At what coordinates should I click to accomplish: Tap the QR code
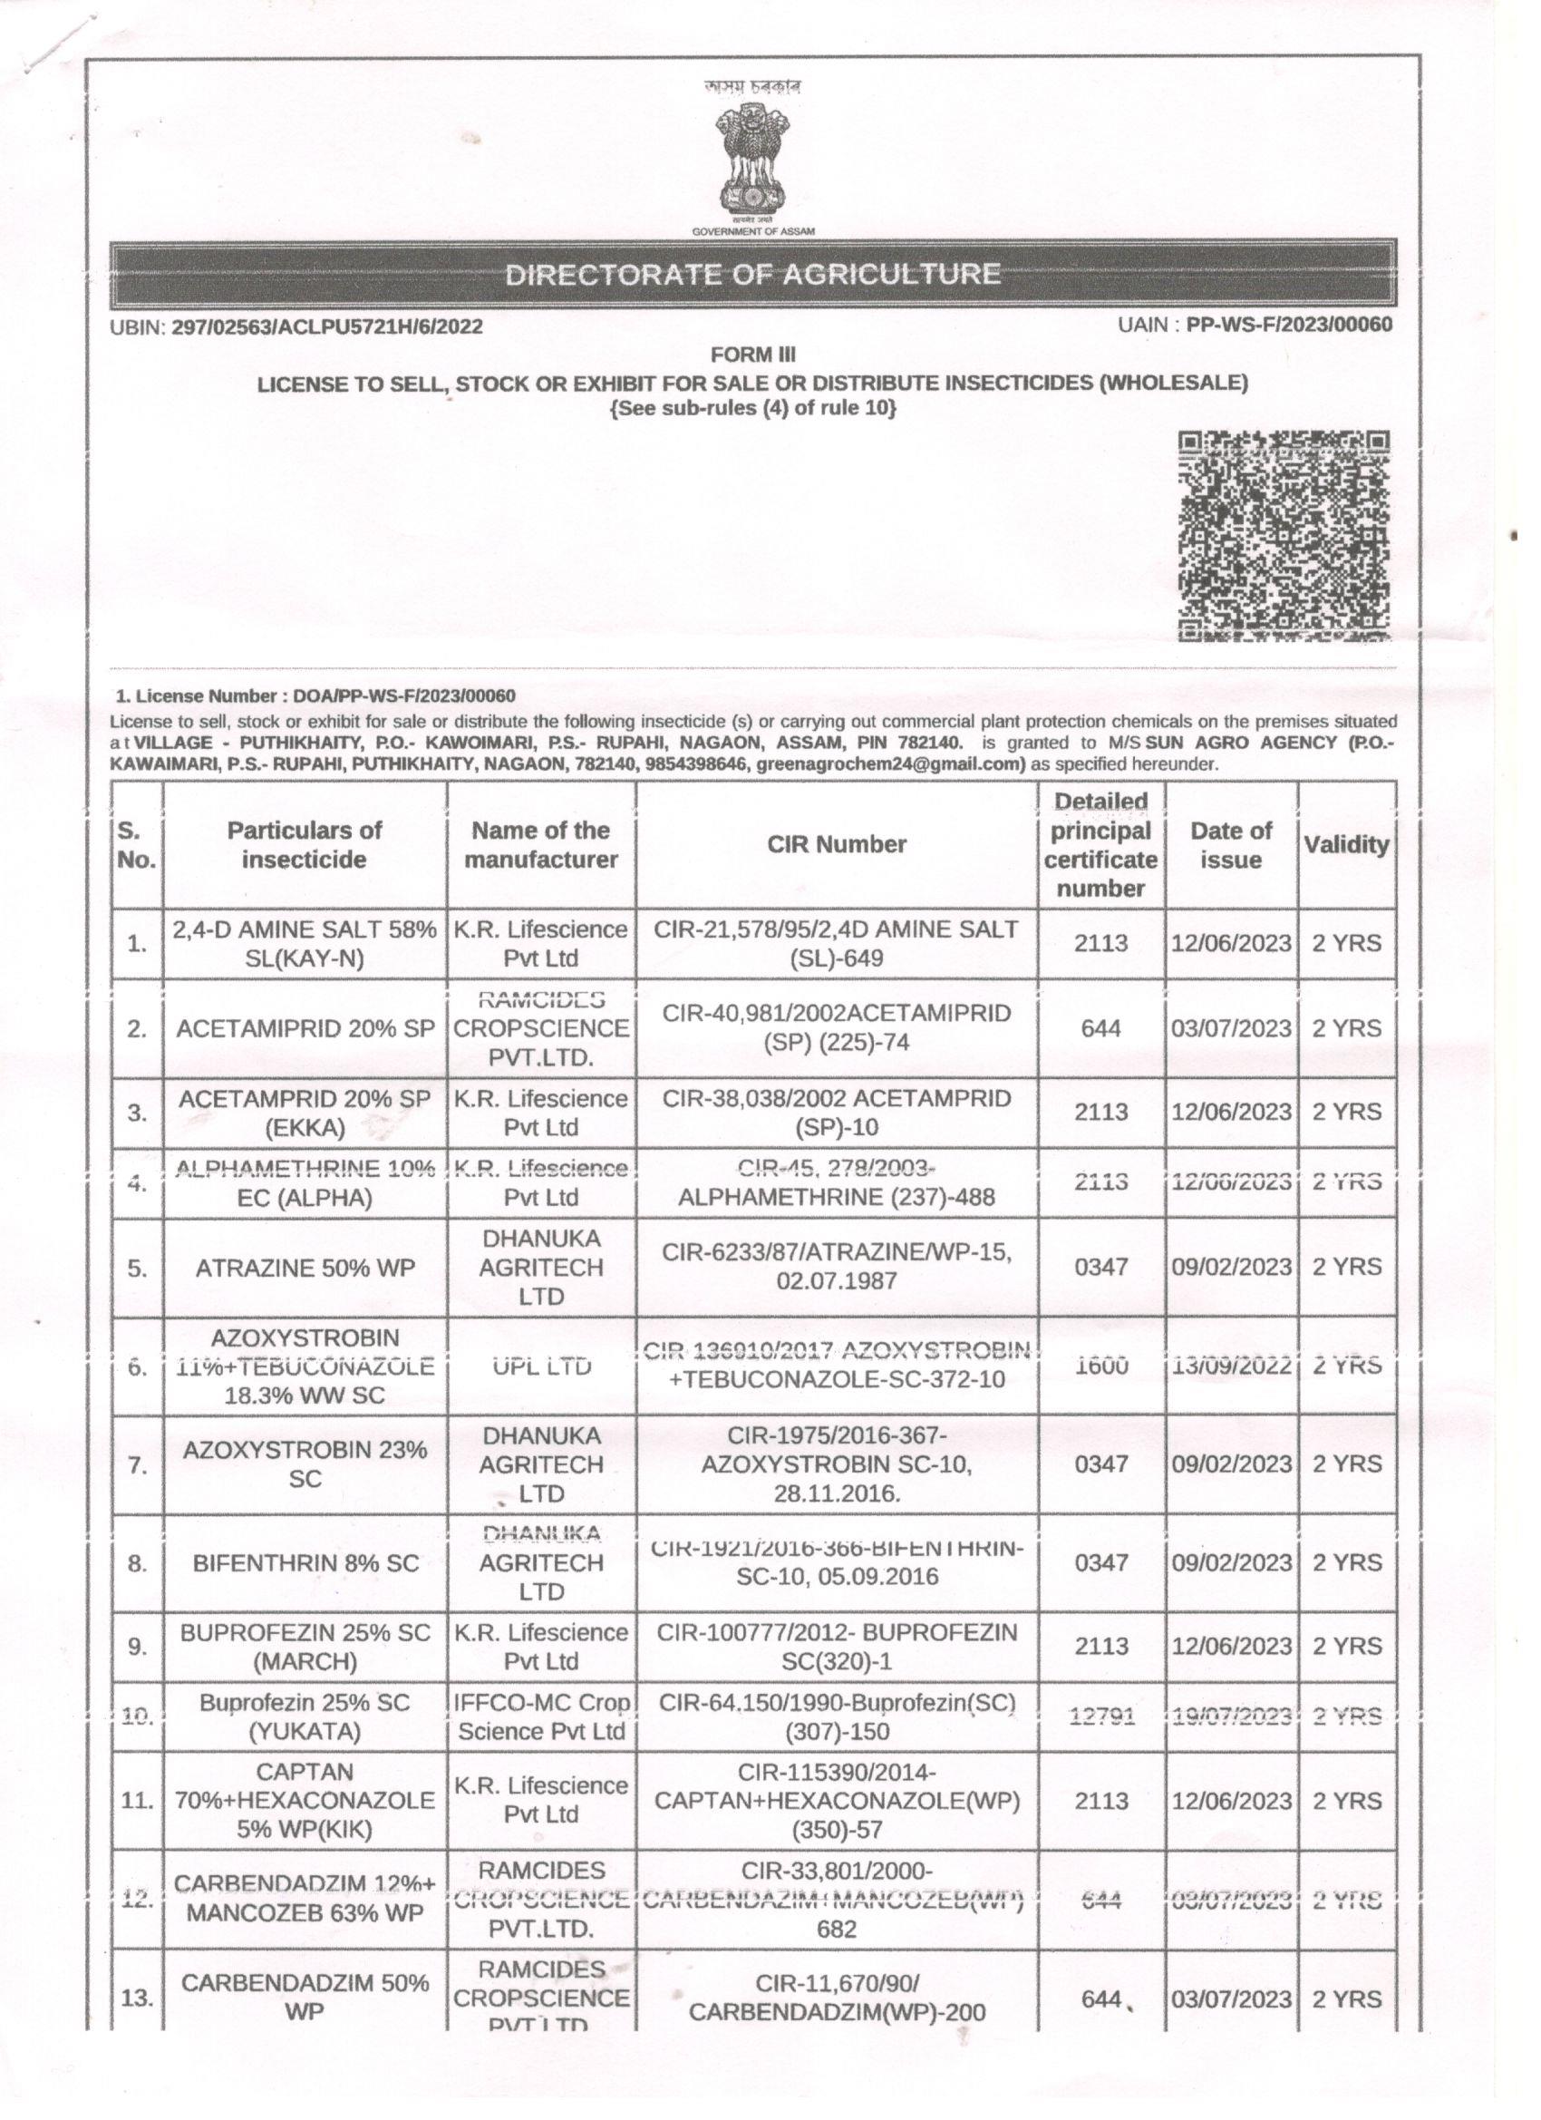pos(1283,536)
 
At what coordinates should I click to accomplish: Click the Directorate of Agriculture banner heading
pos(752,275)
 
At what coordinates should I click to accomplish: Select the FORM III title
pos(752,355)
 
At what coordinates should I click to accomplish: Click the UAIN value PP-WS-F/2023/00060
pos(1289,326)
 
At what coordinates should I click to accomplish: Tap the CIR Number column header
pos(837,844)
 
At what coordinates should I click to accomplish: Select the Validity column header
pos(1346,844)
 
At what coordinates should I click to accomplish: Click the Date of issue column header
pos(1231,844)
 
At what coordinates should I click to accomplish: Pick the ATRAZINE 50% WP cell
pos(305,1269)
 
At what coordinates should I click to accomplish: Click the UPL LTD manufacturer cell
pos(541,1366)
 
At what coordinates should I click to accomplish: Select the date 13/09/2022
pos(1231,1366)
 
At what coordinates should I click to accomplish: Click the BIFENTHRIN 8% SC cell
pos(305,1563)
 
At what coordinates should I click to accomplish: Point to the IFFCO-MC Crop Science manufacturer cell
pos(541,1716)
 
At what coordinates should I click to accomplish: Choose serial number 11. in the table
pos(138,1800)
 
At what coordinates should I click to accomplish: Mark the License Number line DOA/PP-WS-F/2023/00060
pos(315,695)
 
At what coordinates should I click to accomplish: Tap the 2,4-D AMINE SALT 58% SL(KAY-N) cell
pos(305,943)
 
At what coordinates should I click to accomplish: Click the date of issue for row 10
pos(1231,1716)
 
